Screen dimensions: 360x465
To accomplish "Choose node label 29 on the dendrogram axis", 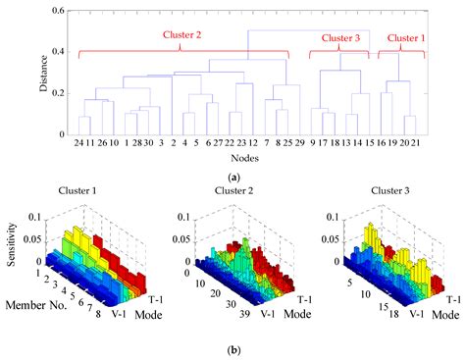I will [x=298, y=143].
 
